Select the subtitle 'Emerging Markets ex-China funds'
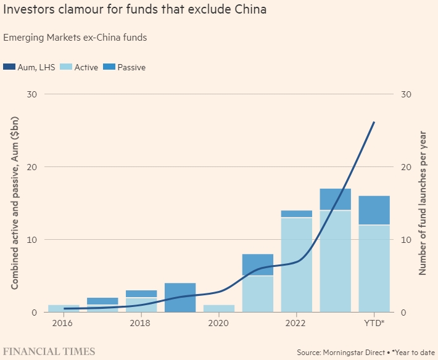pyautogui.click(x=75, y=38)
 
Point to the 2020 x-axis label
pyautogui.click(x=218, y=323)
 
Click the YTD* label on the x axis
pyautogui.click(x=374, y=323)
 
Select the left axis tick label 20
pyautogui.click(x=31, y=167)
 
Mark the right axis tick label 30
pyautogui.click(x=407, y=94)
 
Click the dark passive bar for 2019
pyautogui.click(x=180, y=297)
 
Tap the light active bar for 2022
pyautogui.click(x=296, y=265)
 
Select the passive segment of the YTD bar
pyautogui.click(x=374, y=210)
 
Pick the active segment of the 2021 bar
pyautogui.click(x=257, y=294)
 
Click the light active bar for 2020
pyautogui.click(x=218, y=308)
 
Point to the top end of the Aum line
pyautogui.click(x=374, y=122)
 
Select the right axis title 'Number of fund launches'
pyautogui.click(x=424, y=203)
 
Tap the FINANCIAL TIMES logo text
pyautogui.click(x=49, y=351)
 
